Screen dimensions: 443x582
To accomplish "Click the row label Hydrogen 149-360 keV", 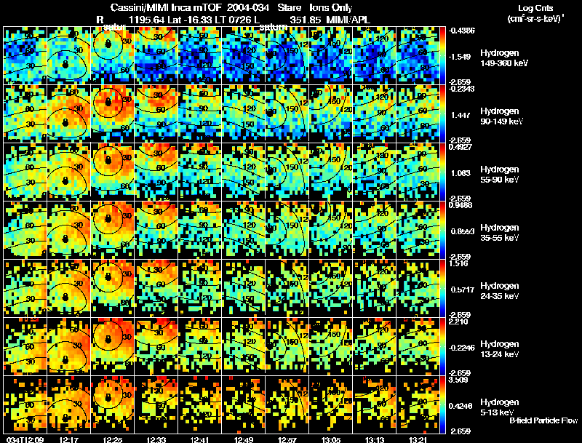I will pyautogui.click(x=503, y=58).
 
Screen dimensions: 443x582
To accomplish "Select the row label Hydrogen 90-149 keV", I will pyautogui.click(x=503, y=116).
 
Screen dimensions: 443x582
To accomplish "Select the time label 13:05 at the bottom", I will pyautogui.click(x=330, y=439).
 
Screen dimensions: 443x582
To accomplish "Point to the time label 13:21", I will pyautogui.click(x=418, y=439).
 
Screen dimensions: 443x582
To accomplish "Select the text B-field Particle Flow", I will pyautogui.click(x=543, y=420).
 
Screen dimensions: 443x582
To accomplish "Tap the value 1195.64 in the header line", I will pyautogui.click(x=149, y=19).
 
